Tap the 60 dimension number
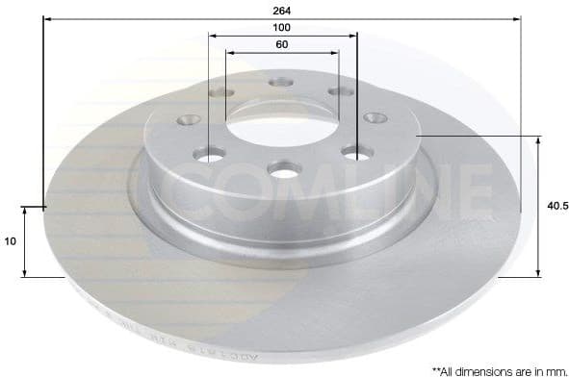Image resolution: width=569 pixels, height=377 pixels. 281,45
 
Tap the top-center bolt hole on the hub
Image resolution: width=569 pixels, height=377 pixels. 281,84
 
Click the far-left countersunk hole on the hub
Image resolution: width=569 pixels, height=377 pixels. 188,120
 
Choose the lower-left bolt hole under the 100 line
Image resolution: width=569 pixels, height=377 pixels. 209,153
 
